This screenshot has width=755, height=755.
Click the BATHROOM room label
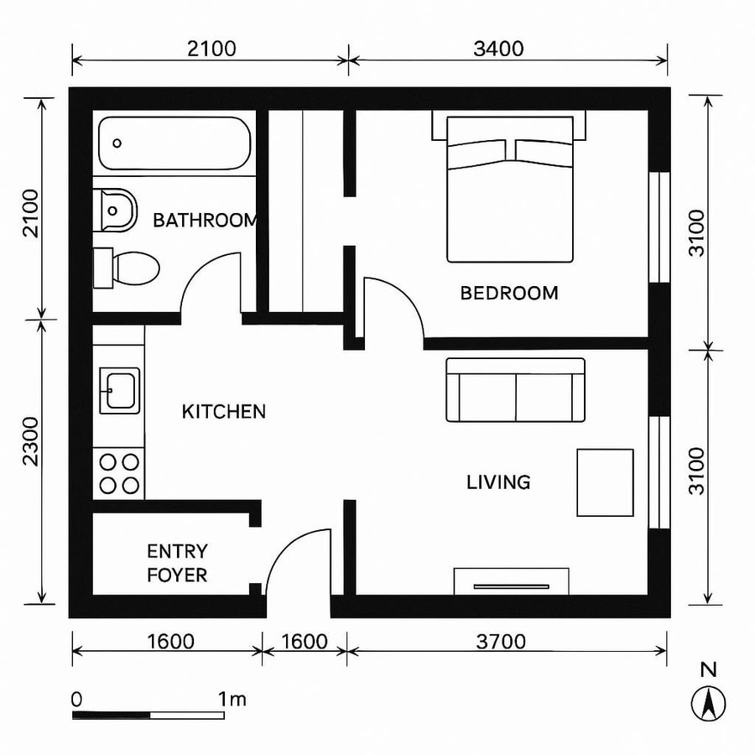pyautogui.click(x=206, y=221)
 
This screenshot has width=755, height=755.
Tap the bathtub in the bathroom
pyautogui.click(x=174, y=143)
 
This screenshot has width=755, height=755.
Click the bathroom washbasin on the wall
pyautogui.click(x=117, y=211)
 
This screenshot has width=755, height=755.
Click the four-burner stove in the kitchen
pyautogui.click(x=120, y=473)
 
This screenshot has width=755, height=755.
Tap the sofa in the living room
pyautogui.click(x=515, y=390)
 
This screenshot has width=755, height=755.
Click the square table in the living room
pyautogui.click(x=605, y=482)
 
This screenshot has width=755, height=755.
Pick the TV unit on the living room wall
pyautogui.click(x=511, y=581)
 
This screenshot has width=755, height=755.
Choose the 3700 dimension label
pyautogui.click(x=500, y=642)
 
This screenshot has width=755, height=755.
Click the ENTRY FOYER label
pyautogui.click(x=177, y=563)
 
